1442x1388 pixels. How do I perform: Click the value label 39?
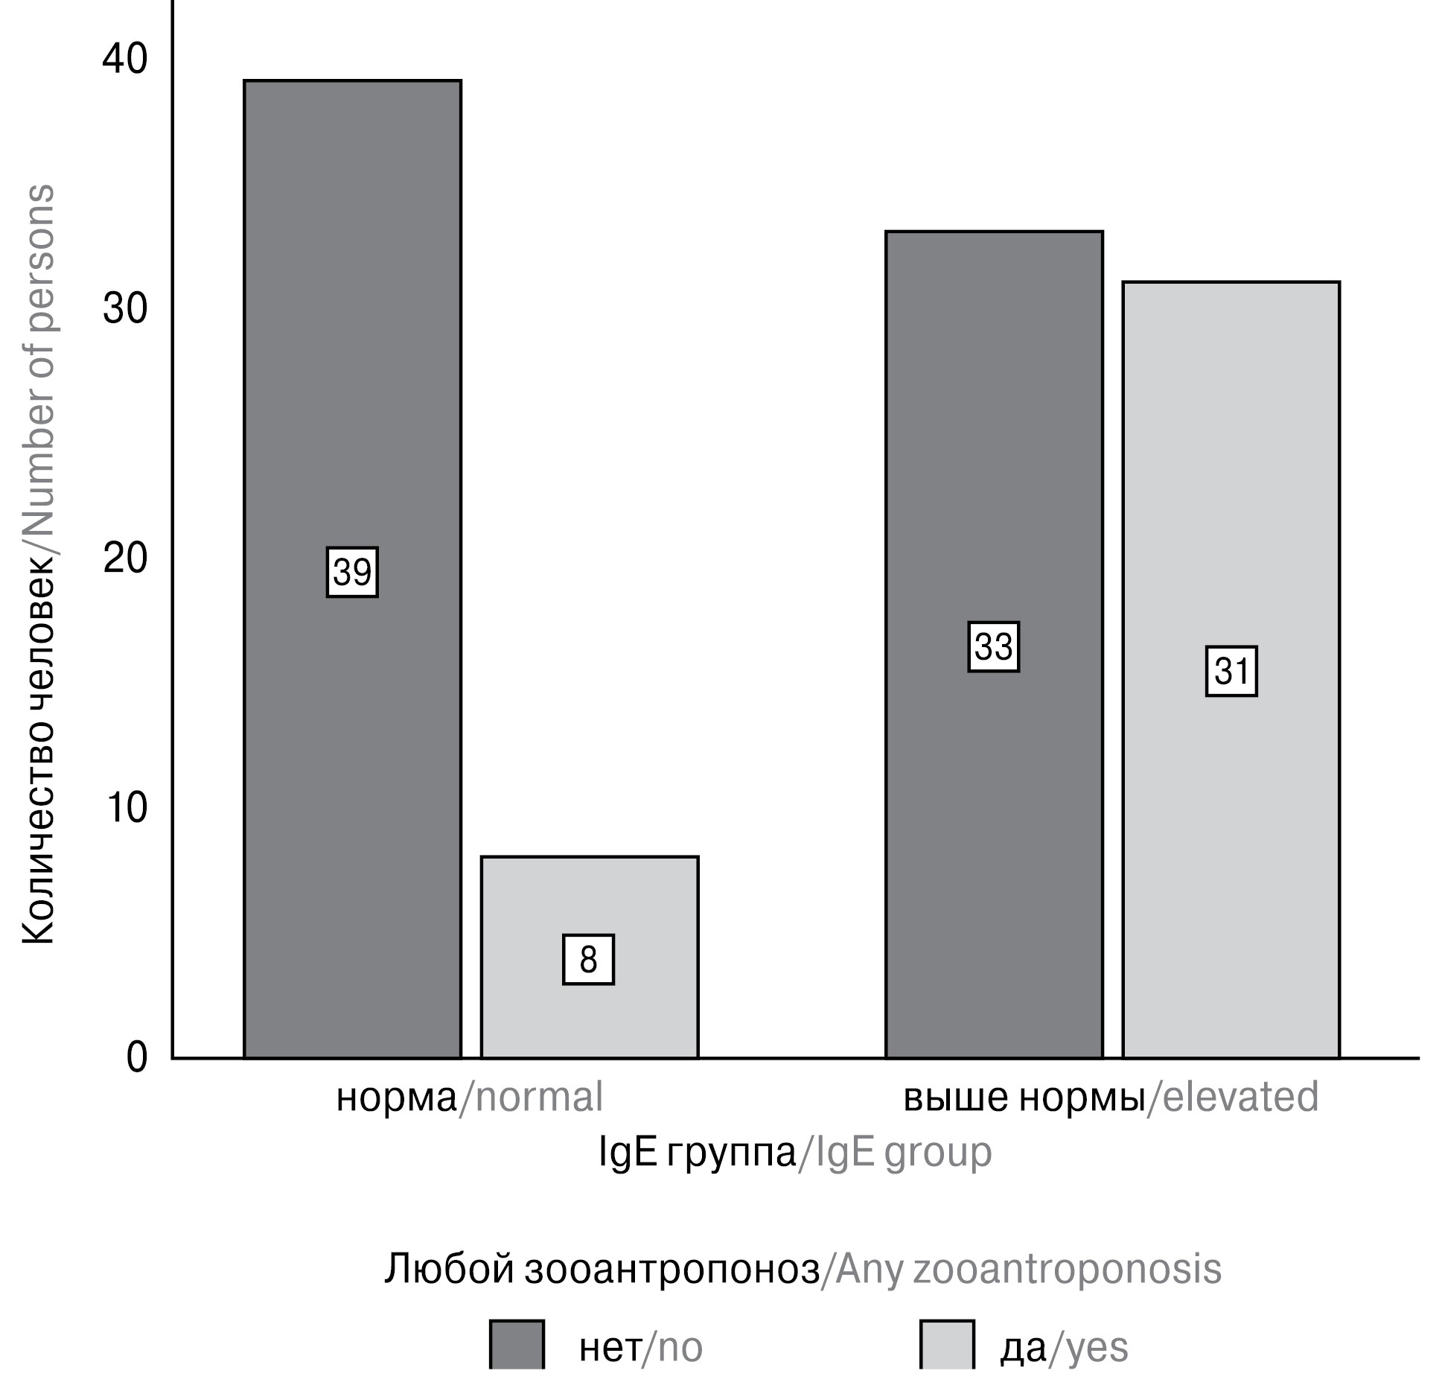click(x=352, y=572)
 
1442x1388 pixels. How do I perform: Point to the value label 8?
click(x=588, y=960)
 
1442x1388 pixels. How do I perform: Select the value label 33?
click(x=993, y=647)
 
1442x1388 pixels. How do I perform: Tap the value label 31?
click(x=1231, y=672)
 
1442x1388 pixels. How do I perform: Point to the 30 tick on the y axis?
click(x=125, y=309)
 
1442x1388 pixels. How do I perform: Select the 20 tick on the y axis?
click(x=125, y=558)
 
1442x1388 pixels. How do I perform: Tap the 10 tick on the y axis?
click(x=125, y=808)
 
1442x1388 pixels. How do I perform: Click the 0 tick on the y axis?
click(x=137, y=1057)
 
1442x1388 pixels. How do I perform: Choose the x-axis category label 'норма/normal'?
click(x=469, y=1098)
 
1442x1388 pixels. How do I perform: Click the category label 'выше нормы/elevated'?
click(x=1111, y=1098)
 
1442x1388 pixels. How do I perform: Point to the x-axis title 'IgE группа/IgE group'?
click(x=795, y=1153)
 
